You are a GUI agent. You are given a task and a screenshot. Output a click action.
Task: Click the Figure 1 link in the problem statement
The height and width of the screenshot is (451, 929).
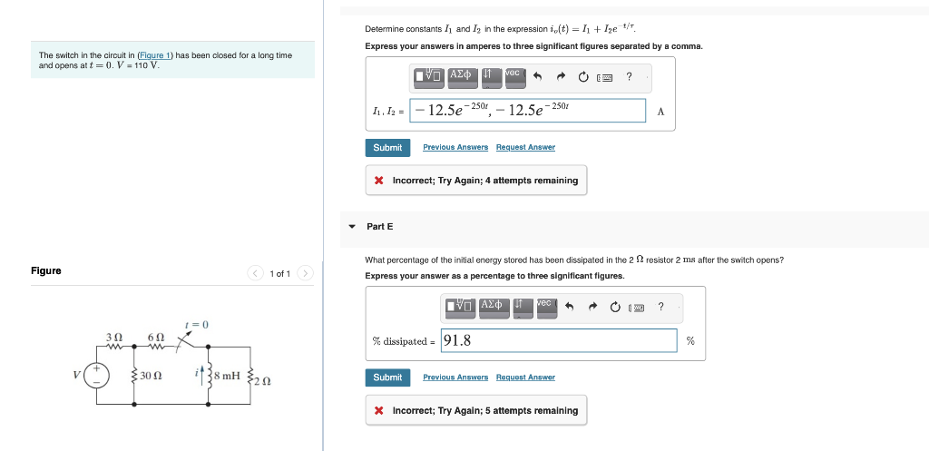point(155,55)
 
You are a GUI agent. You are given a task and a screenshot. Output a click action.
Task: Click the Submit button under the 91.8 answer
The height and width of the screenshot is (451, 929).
point(387,377)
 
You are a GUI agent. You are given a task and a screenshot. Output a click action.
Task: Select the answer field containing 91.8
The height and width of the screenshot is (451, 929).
point(558,341)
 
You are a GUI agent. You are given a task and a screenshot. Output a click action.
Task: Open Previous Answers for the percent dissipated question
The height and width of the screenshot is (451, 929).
point(455,377)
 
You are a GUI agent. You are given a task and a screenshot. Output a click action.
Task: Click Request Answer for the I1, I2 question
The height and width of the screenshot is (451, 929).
point(525,147)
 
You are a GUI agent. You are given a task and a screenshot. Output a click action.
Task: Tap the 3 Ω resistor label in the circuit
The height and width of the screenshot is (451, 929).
point(114,336)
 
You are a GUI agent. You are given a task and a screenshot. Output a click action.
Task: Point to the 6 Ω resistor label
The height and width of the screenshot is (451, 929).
point(154,336)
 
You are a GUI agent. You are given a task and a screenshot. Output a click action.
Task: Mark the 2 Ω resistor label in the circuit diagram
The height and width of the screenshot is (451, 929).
point(262,381)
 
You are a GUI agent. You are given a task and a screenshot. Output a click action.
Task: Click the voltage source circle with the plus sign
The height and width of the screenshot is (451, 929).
point(97,375)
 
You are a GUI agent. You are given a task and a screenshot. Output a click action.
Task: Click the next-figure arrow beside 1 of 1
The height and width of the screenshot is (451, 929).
point(306,273)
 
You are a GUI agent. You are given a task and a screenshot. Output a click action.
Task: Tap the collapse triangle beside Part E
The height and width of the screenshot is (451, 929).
point(352,226)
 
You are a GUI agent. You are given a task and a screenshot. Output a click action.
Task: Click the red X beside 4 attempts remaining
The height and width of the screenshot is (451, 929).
point(378,181)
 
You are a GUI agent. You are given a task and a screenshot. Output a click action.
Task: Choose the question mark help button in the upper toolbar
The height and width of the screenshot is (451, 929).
point(629,76)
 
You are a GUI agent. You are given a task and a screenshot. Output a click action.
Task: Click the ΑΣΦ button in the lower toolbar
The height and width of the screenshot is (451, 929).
point(494,306)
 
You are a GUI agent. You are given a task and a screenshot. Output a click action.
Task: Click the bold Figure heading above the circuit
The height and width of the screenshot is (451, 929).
point(46,270)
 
